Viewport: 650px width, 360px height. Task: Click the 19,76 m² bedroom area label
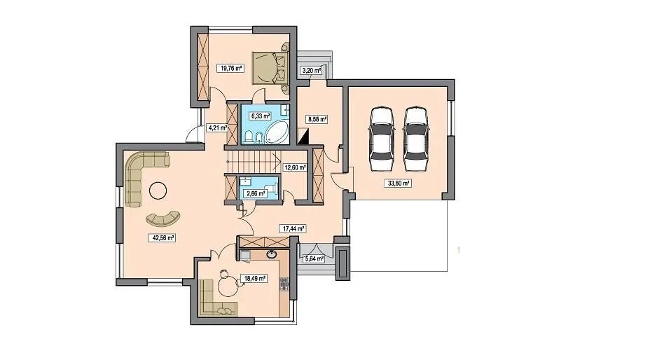[x=230, y=69]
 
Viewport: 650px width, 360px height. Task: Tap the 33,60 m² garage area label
[x=398, y=183]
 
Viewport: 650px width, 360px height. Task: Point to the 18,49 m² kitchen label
[x=254, y=279]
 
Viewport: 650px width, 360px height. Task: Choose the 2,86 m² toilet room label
[x=256, y=193]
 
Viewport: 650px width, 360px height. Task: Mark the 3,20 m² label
[x=311, y=70]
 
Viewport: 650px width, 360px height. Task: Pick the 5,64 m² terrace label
[x=314, y=259]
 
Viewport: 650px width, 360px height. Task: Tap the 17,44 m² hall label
[x=293, y=228]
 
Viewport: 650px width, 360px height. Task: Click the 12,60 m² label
[x=294, y=167]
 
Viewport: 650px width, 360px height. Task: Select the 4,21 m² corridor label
[x=217, y=127]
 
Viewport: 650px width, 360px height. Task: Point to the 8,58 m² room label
[x=317, y=120]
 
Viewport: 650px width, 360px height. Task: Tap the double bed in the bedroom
[x=270, y=68]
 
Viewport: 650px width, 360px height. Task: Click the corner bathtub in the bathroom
[x=277, y=132]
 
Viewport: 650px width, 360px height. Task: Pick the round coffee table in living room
[x=158, y=191]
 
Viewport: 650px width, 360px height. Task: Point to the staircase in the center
[x=253, y=162]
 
